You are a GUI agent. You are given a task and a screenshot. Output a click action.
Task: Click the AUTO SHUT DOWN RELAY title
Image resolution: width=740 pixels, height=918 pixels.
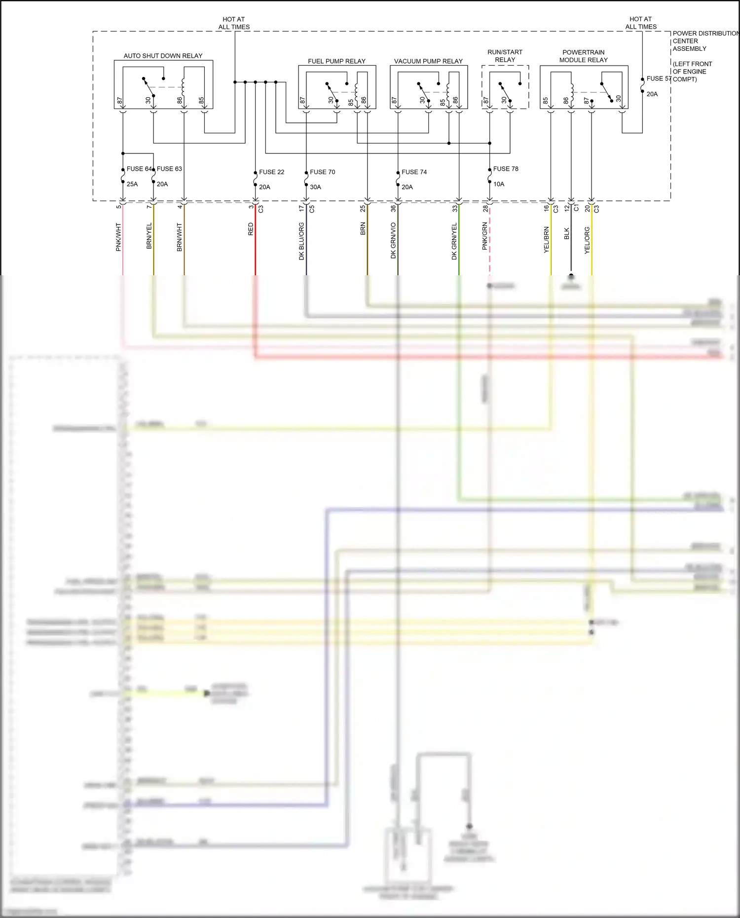coord(163,56)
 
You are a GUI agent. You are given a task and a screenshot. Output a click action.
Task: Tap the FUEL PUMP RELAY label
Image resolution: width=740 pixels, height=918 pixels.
coord(336,61)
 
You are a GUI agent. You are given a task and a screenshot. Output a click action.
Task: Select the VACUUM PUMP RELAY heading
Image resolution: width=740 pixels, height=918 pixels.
coord(428,61)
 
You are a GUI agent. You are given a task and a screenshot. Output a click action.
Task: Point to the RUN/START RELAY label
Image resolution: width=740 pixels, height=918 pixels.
coord(505,56)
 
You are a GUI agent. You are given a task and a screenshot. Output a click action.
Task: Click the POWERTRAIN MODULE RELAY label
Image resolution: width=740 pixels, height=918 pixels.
coord(583,56)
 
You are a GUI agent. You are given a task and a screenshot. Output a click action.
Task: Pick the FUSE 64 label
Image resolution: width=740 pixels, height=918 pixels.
coord(139,169)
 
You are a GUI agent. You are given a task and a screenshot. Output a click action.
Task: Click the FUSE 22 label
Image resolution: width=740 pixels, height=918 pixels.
coord(271,172)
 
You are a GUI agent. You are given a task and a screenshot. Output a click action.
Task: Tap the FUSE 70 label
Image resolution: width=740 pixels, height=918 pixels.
coord(322,172)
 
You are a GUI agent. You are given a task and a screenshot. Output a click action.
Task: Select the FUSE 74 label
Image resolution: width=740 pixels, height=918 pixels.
coord(414,172)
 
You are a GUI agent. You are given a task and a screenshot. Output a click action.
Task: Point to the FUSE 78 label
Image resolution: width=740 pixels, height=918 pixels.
coord(506,169)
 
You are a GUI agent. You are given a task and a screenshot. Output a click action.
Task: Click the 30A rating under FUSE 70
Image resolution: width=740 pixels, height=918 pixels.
coord(315,187)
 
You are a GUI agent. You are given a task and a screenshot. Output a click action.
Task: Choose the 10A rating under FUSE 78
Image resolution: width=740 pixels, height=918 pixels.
coord(499,184)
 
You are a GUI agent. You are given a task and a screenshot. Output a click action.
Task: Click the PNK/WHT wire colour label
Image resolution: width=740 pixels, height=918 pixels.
coord(118,237)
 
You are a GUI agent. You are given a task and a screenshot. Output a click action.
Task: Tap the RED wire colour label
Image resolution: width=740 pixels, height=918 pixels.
coord(251,229)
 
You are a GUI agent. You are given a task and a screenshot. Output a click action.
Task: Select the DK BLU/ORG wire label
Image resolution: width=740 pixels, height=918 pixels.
coord(301,241)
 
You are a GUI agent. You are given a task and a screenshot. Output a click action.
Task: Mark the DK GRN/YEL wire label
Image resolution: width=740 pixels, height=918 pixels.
coord(454,241)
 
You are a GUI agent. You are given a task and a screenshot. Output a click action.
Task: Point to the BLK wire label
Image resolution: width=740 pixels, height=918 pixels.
coord(566,233)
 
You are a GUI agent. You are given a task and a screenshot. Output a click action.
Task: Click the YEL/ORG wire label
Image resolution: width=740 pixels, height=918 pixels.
coord(587,240)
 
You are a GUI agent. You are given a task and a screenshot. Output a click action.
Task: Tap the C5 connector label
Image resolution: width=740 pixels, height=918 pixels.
coord(312,209)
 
